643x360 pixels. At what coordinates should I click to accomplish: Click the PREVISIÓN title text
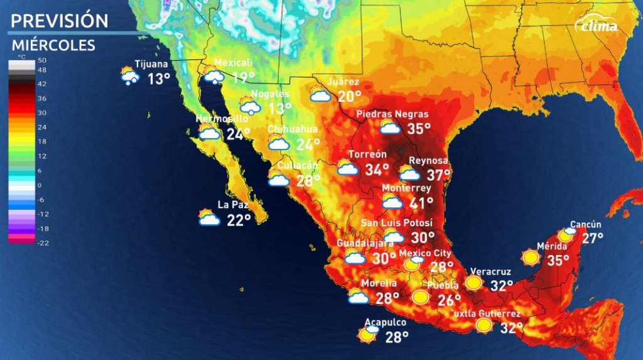tap(60, 20)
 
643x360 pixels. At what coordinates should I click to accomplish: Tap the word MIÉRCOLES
tap(53, 45)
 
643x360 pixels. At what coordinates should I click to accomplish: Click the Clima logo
tap(597, 26)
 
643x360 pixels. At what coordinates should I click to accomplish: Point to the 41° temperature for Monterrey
tap(421, 204)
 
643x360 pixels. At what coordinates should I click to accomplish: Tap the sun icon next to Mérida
tap(531, 257)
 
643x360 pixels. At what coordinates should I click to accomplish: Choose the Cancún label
tap(585, 224)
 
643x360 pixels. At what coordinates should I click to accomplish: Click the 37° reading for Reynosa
tap(438, 175)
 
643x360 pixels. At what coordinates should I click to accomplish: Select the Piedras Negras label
tap(392, 114)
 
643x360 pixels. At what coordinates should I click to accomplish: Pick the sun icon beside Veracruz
tap(473, 283)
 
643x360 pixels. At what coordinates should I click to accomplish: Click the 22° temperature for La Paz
tap(239, 219)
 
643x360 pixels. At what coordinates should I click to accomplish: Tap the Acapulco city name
tap(386, 322)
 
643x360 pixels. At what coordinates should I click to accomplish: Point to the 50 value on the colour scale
tap(43, 60)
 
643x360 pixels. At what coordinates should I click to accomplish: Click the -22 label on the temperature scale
tap(43, 243)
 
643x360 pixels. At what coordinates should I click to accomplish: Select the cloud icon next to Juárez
tap(320, 95)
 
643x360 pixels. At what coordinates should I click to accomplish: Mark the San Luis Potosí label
tap(397, 223)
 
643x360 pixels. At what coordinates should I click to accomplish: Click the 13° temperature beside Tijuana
tap(159, 79)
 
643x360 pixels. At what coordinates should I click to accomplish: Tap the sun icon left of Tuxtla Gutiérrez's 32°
tap(484, 325)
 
